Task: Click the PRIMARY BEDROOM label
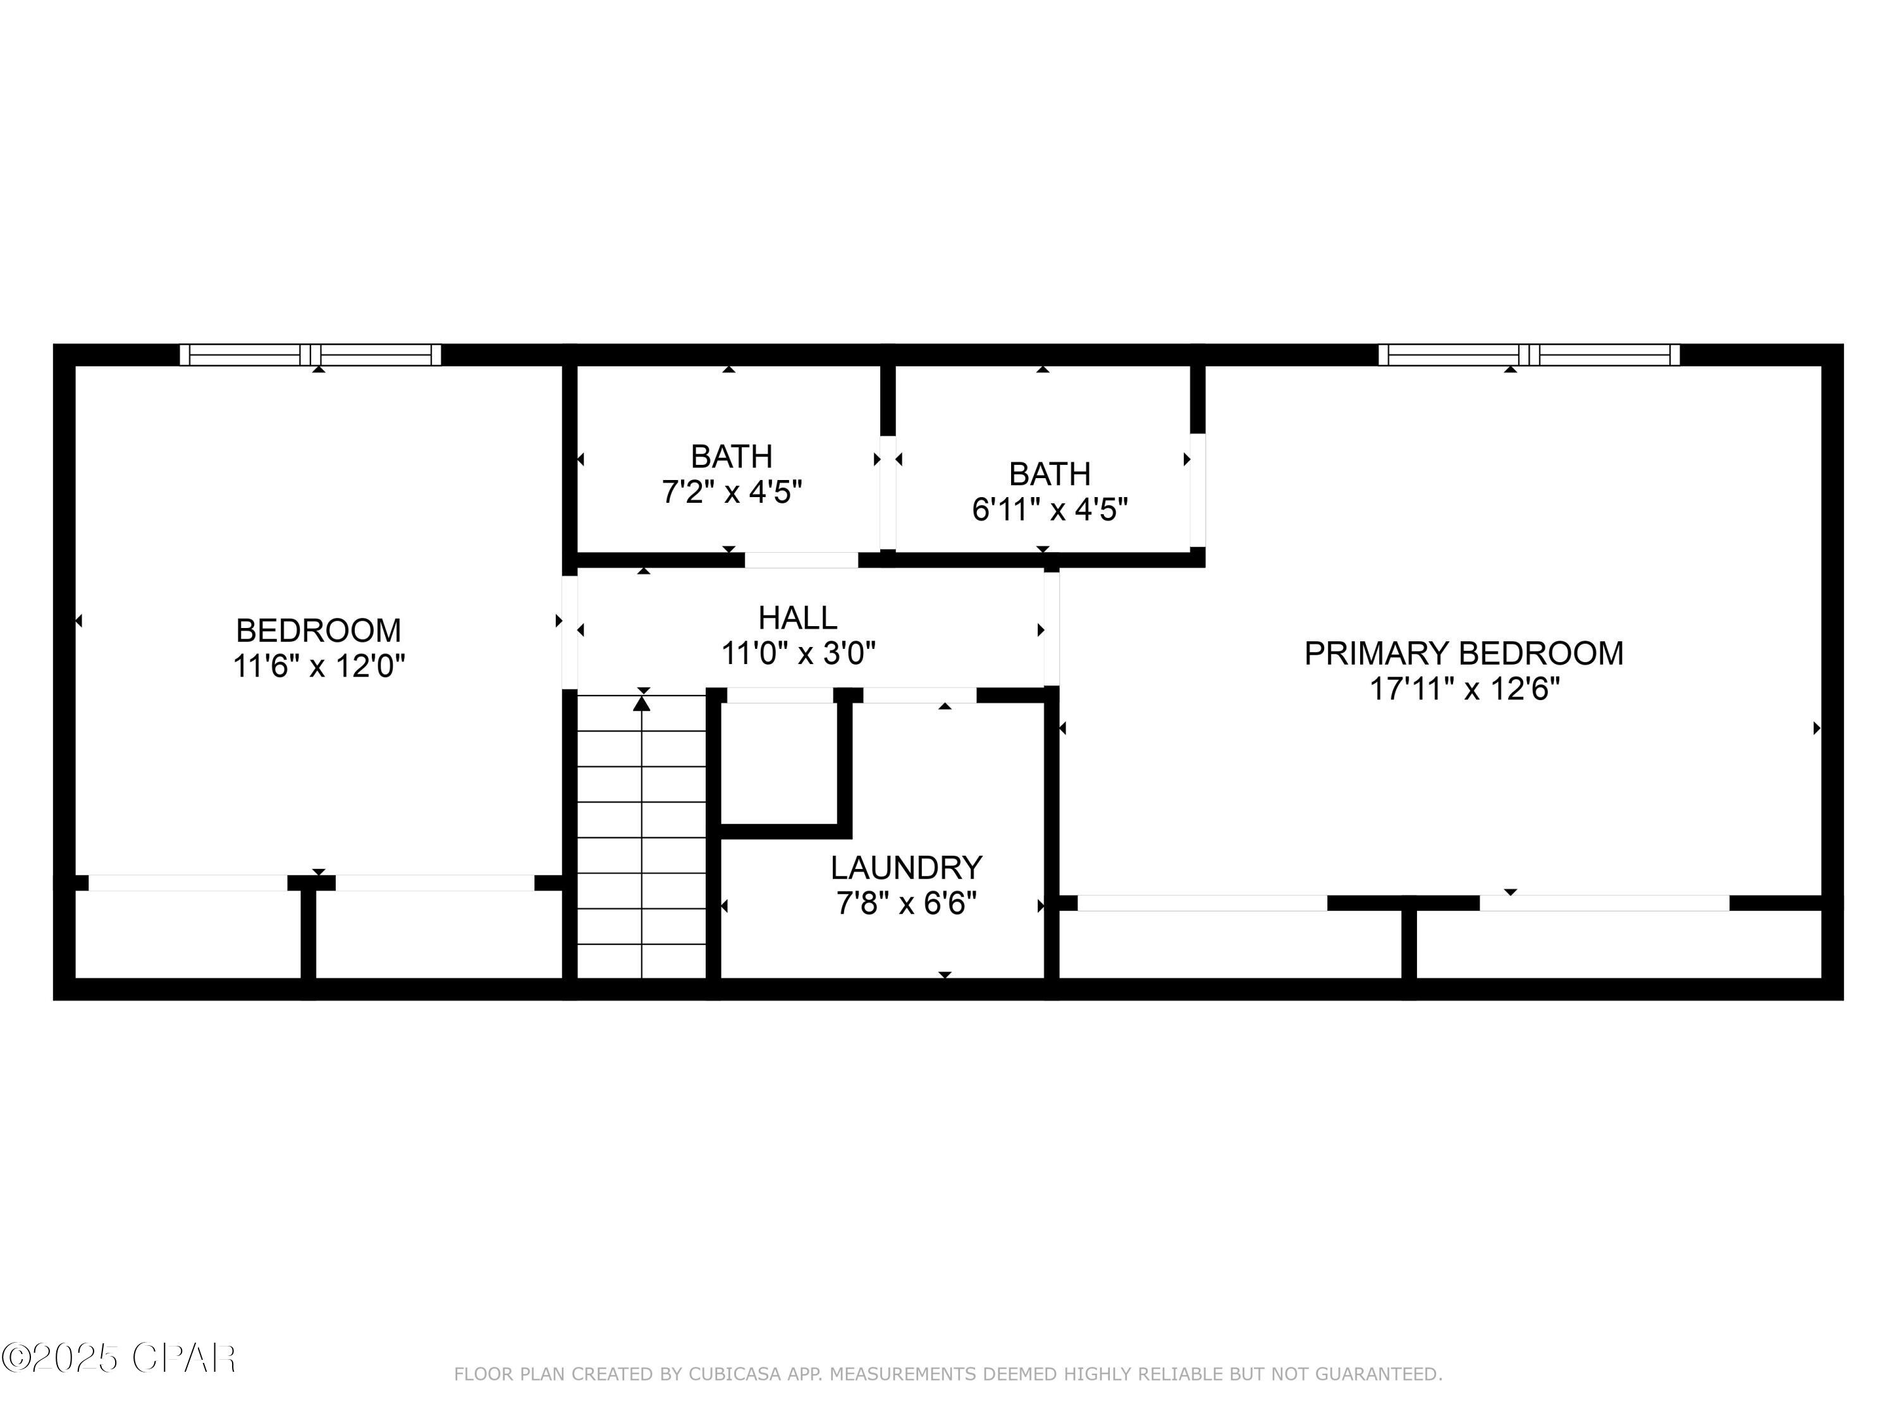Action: (x=1463, y=653)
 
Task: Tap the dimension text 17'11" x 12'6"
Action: (x=1463, y=689)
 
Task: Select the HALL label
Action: (x=797, y=617)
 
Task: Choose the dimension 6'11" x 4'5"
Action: (x=1049, y=510)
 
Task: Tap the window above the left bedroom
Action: (x=310, y=354)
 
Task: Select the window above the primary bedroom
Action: (x=1528, y=354)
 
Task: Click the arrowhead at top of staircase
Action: (x=641, y=704)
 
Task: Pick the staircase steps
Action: (x=641, y=841)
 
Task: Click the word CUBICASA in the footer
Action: (x=734, y=1374)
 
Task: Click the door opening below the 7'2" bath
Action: (x=801, y=560)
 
